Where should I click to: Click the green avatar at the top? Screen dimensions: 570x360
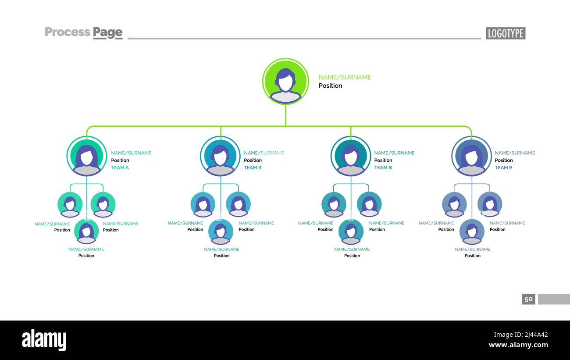(x=285, y=82)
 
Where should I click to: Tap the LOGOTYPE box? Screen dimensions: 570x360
(x=506, y=33)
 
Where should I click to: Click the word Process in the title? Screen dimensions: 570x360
(x=68, y=32)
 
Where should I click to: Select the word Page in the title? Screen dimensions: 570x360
(x=107, y=33)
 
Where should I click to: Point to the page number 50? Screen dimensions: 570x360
(x=528, y=299)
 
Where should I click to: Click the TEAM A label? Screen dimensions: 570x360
(x=120, y=168)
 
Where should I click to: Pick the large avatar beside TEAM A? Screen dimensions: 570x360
(x=86, y=156)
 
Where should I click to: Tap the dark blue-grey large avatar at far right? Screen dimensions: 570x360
(x=471, y=156)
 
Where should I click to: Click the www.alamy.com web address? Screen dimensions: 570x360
(x=518, y=345)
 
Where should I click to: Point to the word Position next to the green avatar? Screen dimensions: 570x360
(x=330, y=86)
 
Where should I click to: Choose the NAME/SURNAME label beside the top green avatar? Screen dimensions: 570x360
(x=345, y=77)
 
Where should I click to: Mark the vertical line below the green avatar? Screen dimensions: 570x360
(x=285, y=115)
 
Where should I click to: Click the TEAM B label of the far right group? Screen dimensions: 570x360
(x=504, y=168)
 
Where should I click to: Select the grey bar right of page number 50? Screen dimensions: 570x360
(x=554, y=299)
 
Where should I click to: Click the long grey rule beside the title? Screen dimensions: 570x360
(x=304, y=39)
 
